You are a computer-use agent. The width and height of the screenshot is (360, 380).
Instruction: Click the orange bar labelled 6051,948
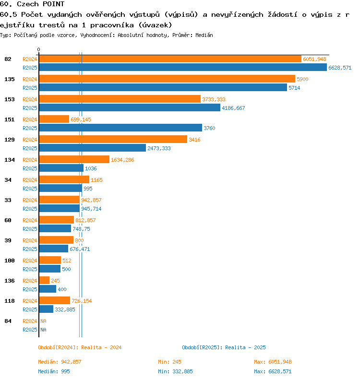[x=170, y=59]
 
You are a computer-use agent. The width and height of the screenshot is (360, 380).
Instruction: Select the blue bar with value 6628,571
[x=183, y=68]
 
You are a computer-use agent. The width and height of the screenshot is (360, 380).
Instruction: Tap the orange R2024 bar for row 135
[x=167, y=79]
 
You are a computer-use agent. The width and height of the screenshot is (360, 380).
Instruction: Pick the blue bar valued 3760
[x=120, y=128]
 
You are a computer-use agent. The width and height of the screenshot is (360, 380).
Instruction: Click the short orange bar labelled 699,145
[x=54, y=119]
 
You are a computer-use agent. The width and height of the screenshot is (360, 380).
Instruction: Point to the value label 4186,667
[x=233, y=108]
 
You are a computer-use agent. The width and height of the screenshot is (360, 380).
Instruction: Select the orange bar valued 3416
[x=113, y=140]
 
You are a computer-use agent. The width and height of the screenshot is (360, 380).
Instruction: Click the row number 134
[x=10, y=160]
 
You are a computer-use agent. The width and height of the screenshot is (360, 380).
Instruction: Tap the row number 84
[x=8, y=321]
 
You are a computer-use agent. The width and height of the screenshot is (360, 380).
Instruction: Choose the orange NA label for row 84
[x=43, y=321]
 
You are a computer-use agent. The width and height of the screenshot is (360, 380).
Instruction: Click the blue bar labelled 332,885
[x=46, y=309]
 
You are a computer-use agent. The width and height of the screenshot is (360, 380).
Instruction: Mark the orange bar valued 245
[x=44, y=281]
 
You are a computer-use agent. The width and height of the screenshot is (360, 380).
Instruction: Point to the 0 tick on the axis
[x=39, y=49]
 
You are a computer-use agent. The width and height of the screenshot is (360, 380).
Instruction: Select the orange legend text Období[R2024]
[x=59, y=347]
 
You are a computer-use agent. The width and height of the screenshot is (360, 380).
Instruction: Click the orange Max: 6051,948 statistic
[x=273, y=362]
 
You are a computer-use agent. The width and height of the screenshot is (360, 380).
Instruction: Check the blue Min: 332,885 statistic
[x=175, y=371]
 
